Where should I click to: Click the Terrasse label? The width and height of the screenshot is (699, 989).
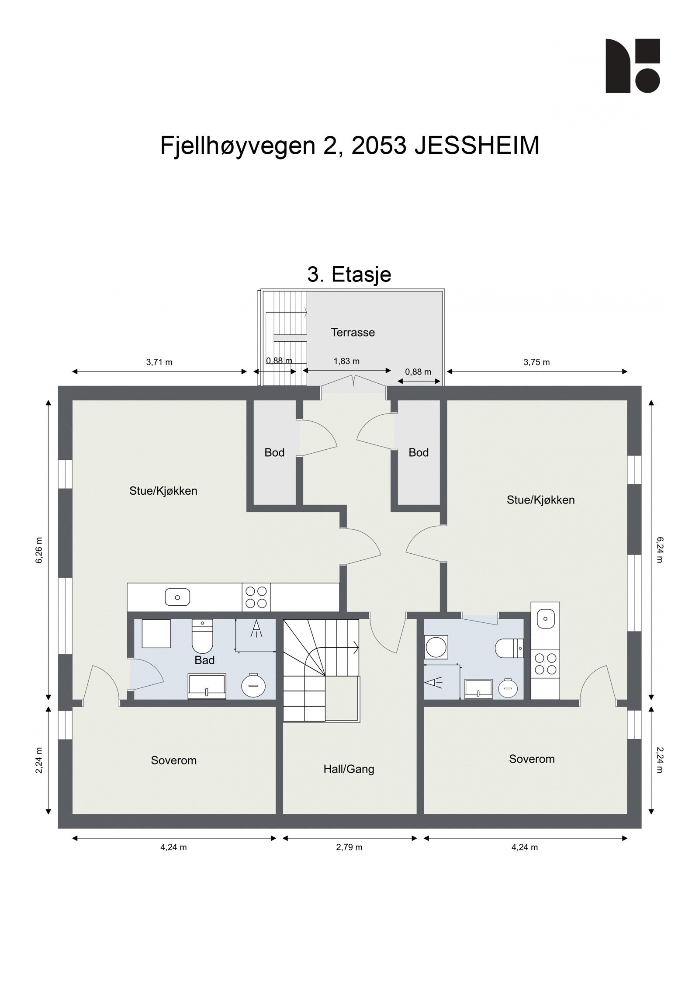pyautogui.click(x=353, y=333)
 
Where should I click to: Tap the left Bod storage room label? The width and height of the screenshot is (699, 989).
pyautogui.click(x=274, y=453)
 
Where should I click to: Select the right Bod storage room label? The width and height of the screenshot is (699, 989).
pyautogui.click(x=419, y=453)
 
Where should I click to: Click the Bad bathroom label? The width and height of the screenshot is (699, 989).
pyautogui.click(x=204, y=660)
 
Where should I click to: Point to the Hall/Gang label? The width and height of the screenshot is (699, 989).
pyautogui.click(x=349, y=770)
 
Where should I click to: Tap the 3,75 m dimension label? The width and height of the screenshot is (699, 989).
pyautogui.click(x=536, y=362)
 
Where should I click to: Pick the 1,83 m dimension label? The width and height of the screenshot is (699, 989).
pyautogui.click(x=346, y=361)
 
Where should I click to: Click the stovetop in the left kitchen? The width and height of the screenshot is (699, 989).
pyautogui.click(x=256, y=597)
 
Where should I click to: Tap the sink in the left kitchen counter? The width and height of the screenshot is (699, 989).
pyautogui.click(x=177, y=597)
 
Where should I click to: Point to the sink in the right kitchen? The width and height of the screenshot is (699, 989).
pyautogui.click(x=545, y=618)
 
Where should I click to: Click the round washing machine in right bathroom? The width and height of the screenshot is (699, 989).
pyautogui.click(x=436, y=647)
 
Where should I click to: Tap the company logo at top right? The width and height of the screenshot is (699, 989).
pyautogui.click(x=633, y=66)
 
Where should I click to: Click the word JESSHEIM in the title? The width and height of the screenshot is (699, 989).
pyautogui.click(x=477, y=146)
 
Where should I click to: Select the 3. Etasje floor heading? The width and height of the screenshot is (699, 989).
pyautogui.click(x=349, y=274)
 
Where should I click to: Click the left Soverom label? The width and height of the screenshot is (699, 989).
pyautogui.click(x=174, y=760)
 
